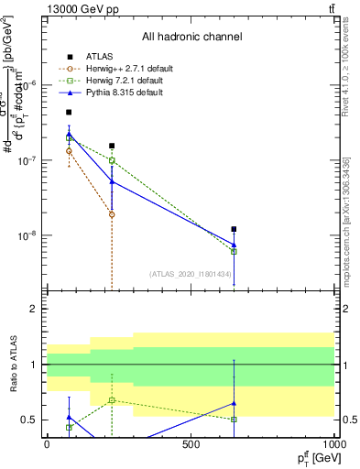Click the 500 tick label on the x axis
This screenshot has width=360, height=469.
coord(191,444)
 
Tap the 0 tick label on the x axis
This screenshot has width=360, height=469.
coord(47,444)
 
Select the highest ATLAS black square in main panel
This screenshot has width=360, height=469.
coord(69,112)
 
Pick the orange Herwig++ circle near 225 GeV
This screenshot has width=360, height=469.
coord(112,214)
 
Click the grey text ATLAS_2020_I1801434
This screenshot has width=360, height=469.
coord(189,274)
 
